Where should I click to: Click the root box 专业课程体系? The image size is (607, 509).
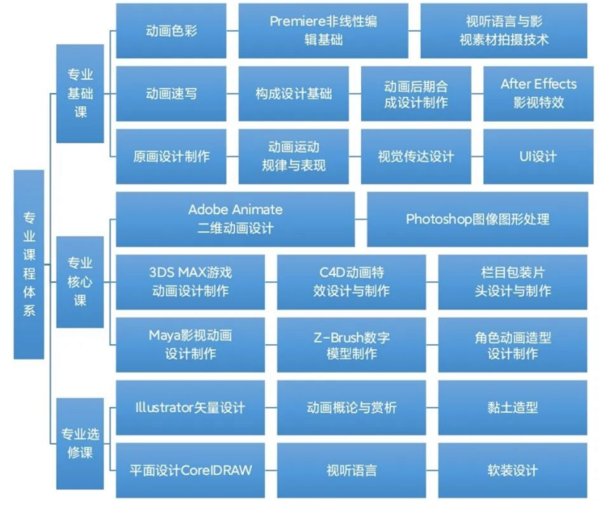tap(29, 264)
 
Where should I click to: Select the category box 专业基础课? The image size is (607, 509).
tap(80, 93)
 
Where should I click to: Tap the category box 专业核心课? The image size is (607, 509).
tap(80, 282)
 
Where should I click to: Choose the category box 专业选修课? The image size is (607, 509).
tap(80, 443)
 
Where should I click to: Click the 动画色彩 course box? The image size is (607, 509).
tap(171, 31)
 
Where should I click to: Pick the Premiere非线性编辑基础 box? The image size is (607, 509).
tap(323, 31)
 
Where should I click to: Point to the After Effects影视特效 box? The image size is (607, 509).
tap(538, 93)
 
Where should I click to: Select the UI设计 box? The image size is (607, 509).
tap(538, 156)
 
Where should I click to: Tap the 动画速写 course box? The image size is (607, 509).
tap(171, 93)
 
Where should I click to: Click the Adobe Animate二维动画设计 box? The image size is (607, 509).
tap(235, 219)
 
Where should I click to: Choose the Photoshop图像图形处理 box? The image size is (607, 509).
tap(477, 219)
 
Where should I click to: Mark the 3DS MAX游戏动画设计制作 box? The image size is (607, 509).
tap(190, 282)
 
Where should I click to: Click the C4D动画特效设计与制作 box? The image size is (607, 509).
tap(351, 282)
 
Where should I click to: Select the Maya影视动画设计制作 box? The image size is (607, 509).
tap(190, 345)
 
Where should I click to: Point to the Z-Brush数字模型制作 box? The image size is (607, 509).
tap(351, 345)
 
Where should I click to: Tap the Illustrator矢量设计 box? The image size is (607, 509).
tap(190, 408)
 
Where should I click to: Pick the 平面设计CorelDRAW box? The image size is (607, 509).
tap(190, 470)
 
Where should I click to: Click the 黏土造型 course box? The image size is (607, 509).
tap(512, 408)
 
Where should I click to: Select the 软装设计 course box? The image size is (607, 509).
tap(512, 470)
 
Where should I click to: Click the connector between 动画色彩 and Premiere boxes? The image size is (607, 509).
tap(232, 31)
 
